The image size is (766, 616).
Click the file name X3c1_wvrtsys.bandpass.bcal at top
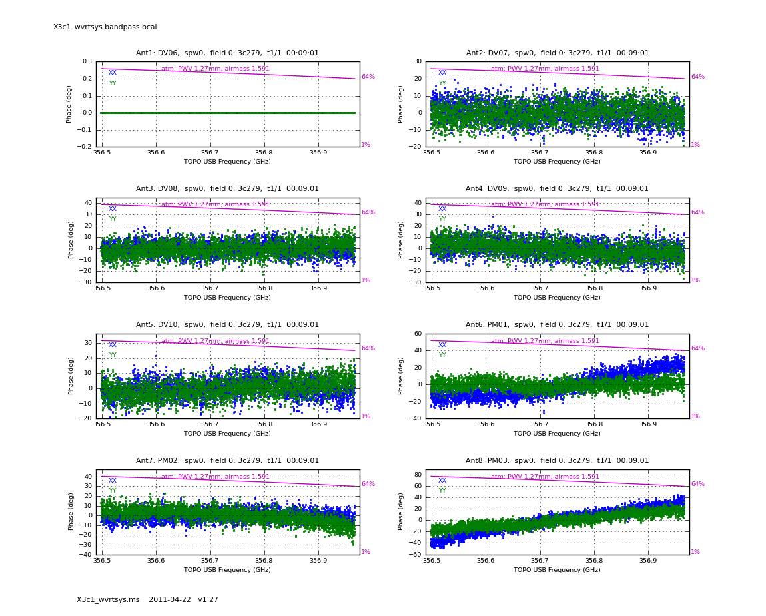pos(105,27)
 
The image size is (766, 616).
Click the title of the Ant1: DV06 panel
pos(227,53)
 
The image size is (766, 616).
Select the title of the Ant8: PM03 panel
pos(557,461)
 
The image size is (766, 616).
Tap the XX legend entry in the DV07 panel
pos(442,73)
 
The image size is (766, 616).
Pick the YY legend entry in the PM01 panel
pos(442,355)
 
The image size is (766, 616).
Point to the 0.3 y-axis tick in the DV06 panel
pos(87,61)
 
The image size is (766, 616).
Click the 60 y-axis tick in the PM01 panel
pos(418,334)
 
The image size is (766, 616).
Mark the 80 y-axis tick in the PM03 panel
pos(418,475)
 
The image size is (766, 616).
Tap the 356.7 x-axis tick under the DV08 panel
pos(210,288)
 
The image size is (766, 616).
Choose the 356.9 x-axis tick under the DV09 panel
pos(647,288)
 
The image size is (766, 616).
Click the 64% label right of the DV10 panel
pos(368,348)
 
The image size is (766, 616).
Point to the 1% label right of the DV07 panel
pos(695,145)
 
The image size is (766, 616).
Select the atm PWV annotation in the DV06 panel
pos(215,69)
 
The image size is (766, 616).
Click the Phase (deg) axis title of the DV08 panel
pos(71,240)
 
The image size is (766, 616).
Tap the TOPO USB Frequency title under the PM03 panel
pos(557,570)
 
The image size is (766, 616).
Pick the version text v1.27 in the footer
pos(208,600)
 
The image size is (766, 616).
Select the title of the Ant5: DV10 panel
pos(227,325)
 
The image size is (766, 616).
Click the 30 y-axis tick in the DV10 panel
pos(87,343)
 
